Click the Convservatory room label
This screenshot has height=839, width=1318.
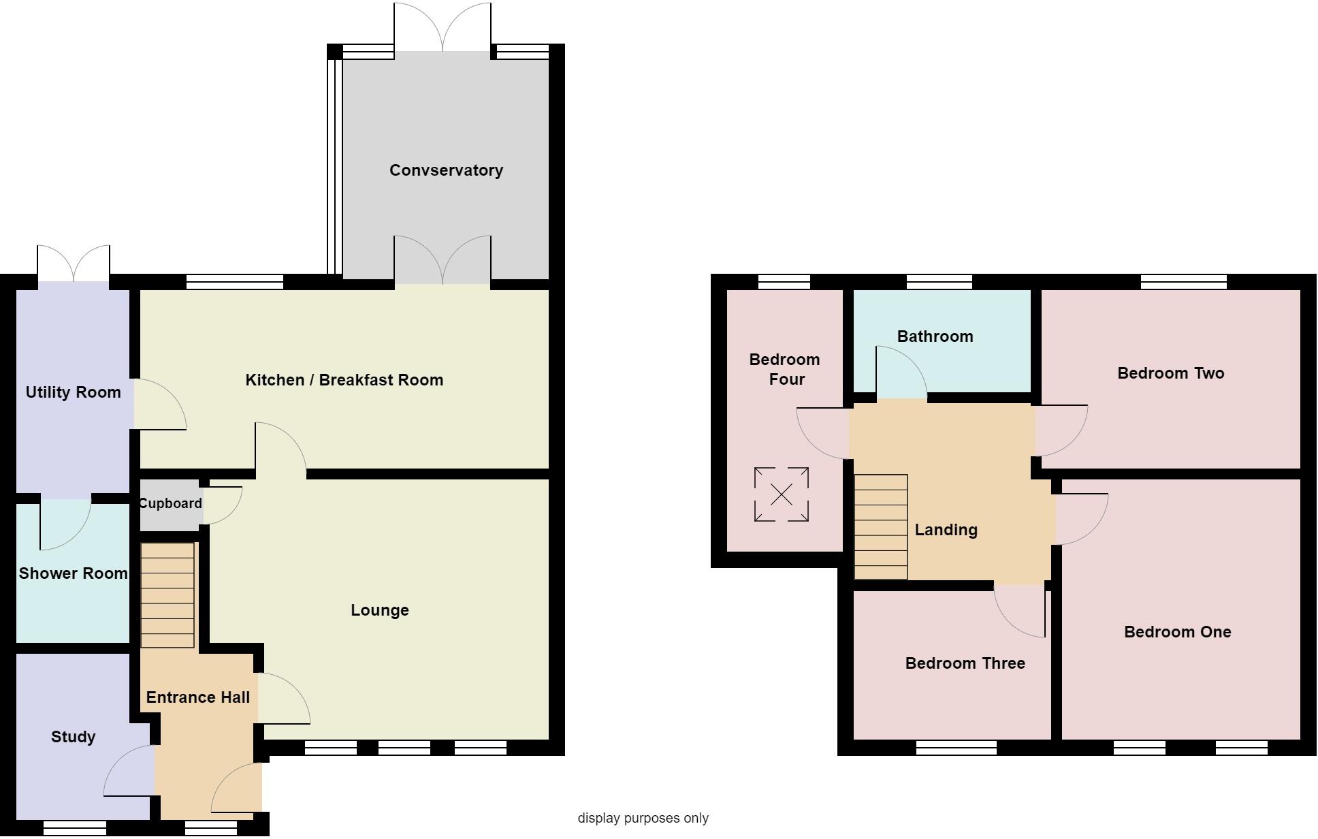click(x=446, y=170)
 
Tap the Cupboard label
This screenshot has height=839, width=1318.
click(x=170, y=503)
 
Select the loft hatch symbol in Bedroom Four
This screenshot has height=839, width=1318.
click(x=782, y=494)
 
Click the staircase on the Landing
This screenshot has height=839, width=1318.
click(x=881, y=527)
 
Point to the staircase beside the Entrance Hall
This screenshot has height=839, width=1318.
click(x=167, y=595)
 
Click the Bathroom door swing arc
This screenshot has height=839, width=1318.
click(x=901, y=372)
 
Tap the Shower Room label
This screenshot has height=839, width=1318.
click(x=73, y=573)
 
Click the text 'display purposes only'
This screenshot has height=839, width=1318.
click(x=643, y=818)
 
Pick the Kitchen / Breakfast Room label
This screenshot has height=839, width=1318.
click(x=344, y=380)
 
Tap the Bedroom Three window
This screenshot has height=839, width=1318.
click(x=956, y=748)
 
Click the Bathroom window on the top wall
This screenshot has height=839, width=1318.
click(x=939, y=281)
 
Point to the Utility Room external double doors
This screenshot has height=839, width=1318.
click(x=74, y=263)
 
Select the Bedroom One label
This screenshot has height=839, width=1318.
click(x=1177, y=632)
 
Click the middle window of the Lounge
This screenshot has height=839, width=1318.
click(x=404, y=748)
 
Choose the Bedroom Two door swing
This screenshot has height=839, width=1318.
click(x=1061, y=430)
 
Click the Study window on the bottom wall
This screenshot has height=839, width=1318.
click(x=75, y=827)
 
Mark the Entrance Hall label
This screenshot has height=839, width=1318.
click(x=198, y=697)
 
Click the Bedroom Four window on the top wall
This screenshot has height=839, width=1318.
click(x=784, y=281)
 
